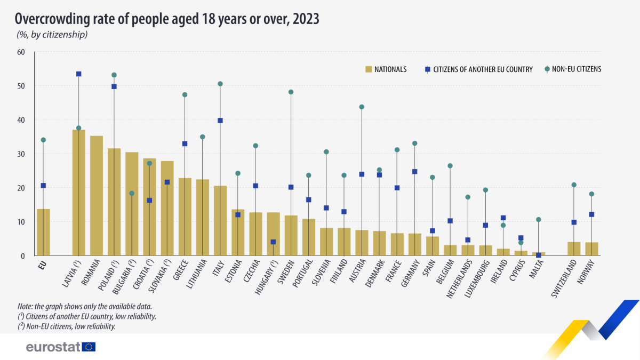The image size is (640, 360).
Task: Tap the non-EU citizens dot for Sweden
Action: pos(291,92)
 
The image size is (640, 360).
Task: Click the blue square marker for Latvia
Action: pos(78,74)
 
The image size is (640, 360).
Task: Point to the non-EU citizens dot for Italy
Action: pos(220,84)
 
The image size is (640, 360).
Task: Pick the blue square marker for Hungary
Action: pos(273,242)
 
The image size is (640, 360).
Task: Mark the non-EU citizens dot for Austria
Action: pos(362,107)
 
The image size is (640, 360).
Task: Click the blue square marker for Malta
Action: pos(538,255)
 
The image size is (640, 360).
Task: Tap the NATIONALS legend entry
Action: pos(386,69)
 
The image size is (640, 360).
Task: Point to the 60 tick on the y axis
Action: pos(21,52)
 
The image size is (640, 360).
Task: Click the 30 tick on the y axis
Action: pos(21,154)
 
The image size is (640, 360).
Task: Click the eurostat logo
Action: pos(60,347)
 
